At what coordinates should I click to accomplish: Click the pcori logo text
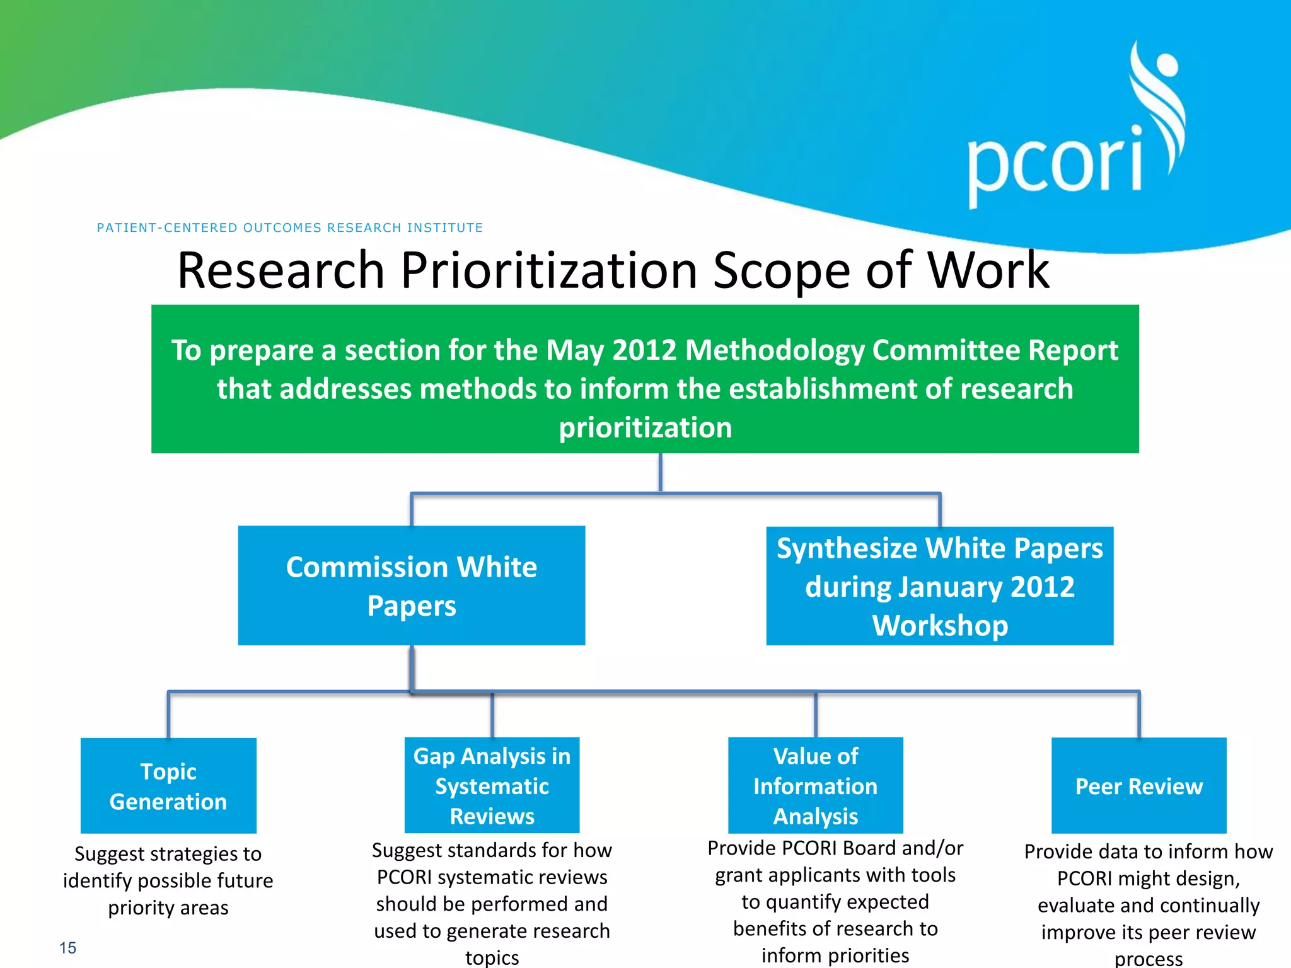[x=1054, y=163]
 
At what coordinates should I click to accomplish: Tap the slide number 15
[x=67, y=948]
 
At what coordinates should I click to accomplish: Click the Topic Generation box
[x=168, y=785]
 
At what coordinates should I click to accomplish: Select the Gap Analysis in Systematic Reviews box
[x=492, y=785]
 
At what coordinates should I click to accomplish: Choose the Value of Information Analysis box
[x=815, y=785]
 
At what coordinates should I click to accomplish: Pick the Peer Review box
[x=1138, y=785]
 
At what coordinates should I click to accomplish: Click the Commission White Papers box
[x=411, y=585]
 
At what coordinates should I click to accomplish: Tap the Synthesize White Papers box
[x=939, y=585]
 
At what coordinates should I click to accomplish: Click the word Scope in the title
[x=782, y=270]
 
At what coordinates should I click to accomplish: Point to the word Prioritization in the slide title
[x=548, y=270]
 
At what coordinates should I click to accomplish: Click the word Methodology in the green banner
[x=774, y=350]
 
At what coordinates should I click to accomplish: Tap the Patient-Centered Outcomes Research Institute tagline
[x=289, y=228]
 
